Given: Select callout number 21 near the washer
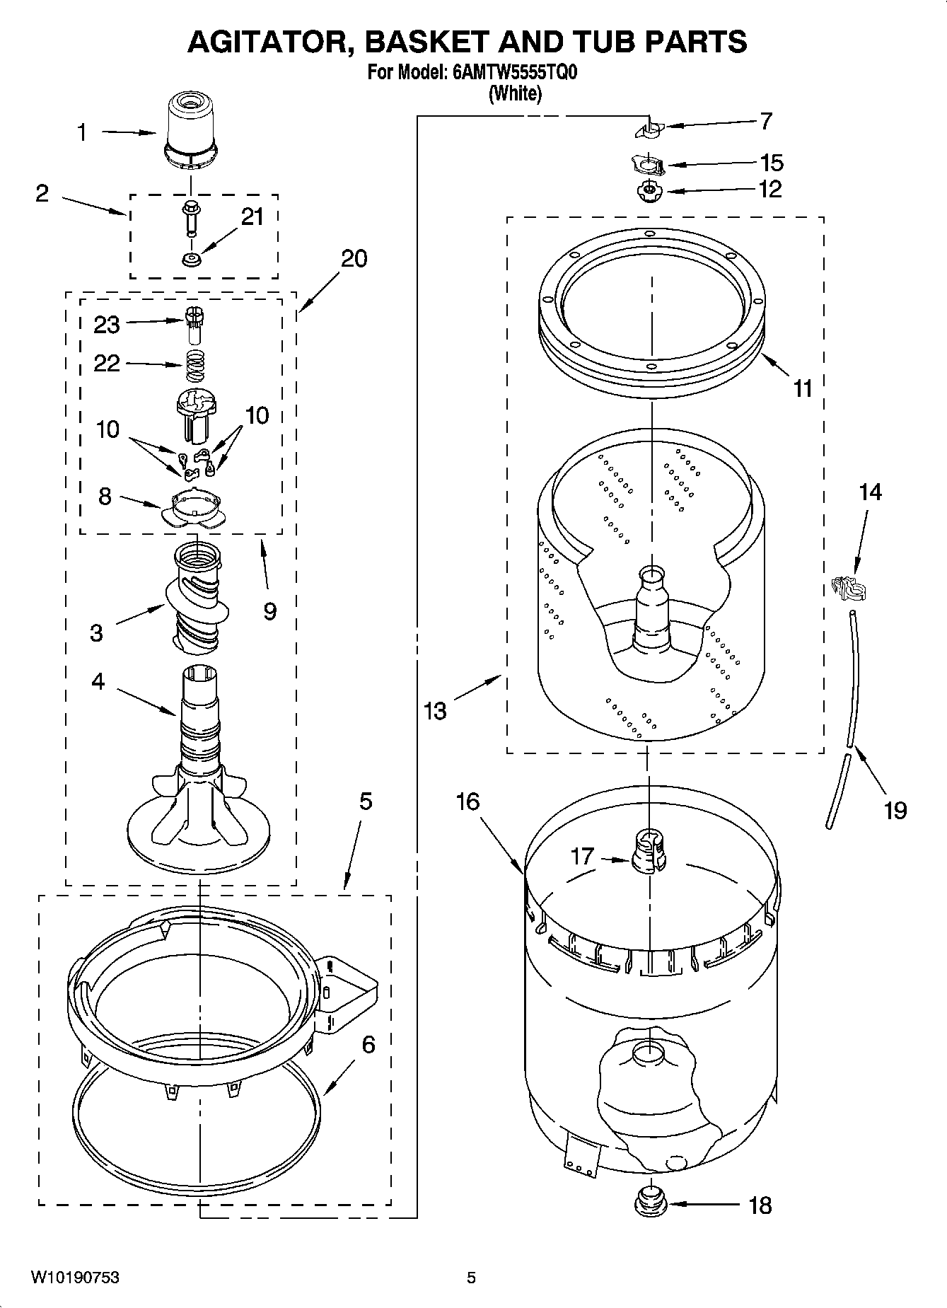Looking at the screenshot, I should [252, 216].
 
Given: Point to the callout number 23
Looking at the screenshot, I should [107, 325].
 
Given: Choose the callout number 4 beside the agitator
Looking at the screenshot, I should [98, 681].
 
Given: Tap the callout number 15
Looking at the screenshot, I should [772, 163].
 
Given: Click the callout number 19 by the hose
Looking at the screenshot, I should [895, 809].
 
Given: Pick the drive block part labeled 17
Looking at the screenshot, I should [649, 852].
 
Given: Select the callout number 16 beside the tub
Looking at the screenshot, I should [468, 801].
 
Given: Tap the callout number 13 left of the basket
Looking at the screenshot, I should [436, 710].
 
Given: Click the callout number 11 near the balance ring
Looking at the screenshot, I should [803, 388].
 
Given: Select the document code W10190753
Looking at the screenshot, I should [75, 1278].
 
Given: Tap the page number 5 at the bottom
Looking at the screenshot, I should [471, 1278].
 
